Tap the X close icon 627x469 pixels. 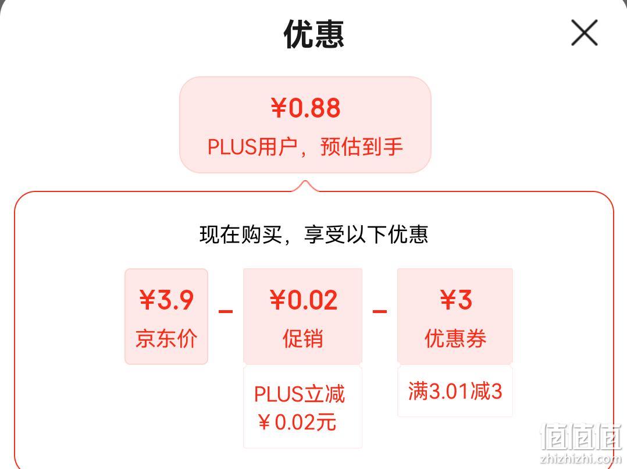[x=584, y=33]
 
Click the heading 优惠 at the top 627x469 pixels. [x=314, y=34]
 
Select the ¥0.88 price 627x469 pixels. [x=305, y=108]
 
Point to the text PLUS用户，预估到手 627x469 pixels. [x=305, y=147]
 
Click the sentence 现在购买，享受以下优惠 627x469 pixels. [x=314, y=234]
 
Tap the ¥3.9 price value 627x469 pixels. [x=166, y=300]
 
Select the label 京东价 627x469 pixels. [x=166, y=339]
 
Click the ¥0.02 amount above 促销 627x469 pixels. [x=304, y=300]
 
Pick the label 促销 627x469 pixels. [x=302, y=339]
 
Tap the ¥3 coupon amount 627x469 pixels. [x=456, y=300]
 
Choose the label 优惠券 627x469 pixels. [x=455, y=339]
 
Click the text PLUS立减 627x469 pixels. [x=300, y=394]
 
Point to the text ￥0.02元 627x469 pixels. [x=297, y=422]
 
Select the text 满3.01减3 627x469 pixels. [x=455, y=391]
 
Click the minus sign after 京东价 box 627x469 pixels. [x=226, y=311]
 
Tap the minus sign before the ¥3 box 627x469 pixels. [x=379, y=311]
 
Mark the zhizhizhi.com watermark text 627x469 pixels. [x=581, y=459]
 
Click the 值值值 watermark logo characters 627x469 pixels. [x=580, y=437]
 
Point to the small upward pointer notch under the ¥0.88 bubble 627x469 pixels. [x=305, y=186]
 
